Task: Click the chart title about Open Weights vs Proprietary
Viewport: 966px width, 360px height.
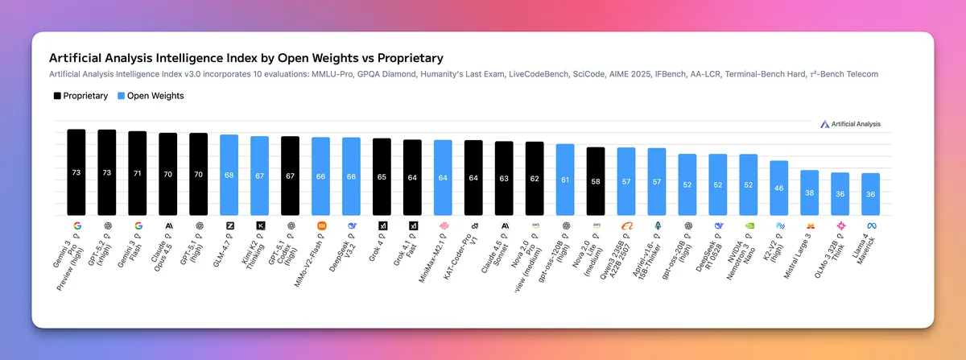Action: coord(246,59)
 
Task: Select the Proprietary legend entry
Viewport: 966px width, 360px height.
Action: coord(80,96)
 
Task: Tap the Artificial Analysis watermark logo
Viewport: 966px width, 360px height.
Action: coord(850,124)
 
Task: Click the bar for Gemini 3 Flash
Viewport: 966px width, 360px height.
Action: coord(138,173)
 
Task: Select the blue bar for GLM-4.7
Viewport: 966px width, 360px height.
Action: coord(229,175)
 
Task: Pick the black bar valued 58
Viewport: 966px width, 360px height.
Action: coord(596,181)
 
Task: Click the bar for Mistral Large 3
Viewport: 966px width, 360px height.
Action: coord(809,193)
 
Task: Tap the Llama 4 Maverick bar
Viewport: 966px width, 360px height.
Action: coord(870,194)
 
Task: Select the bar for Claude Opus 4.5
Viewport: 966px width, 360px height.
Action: coord(168,174)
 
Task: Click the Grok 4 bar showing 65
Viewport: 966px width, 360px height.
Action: coord(382,176)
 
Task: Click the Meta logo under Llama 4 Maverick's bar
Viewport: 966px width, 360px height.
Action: coord(871,226)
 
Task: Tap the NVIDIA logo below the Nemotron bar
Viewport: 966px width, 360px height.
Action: coord(749,226)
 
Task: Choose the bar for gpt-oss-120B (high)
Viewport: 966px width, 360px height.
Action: coord(565,180)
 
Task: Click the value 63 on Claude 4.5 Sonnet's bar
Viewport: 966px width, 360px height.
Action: coord(504,179)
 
